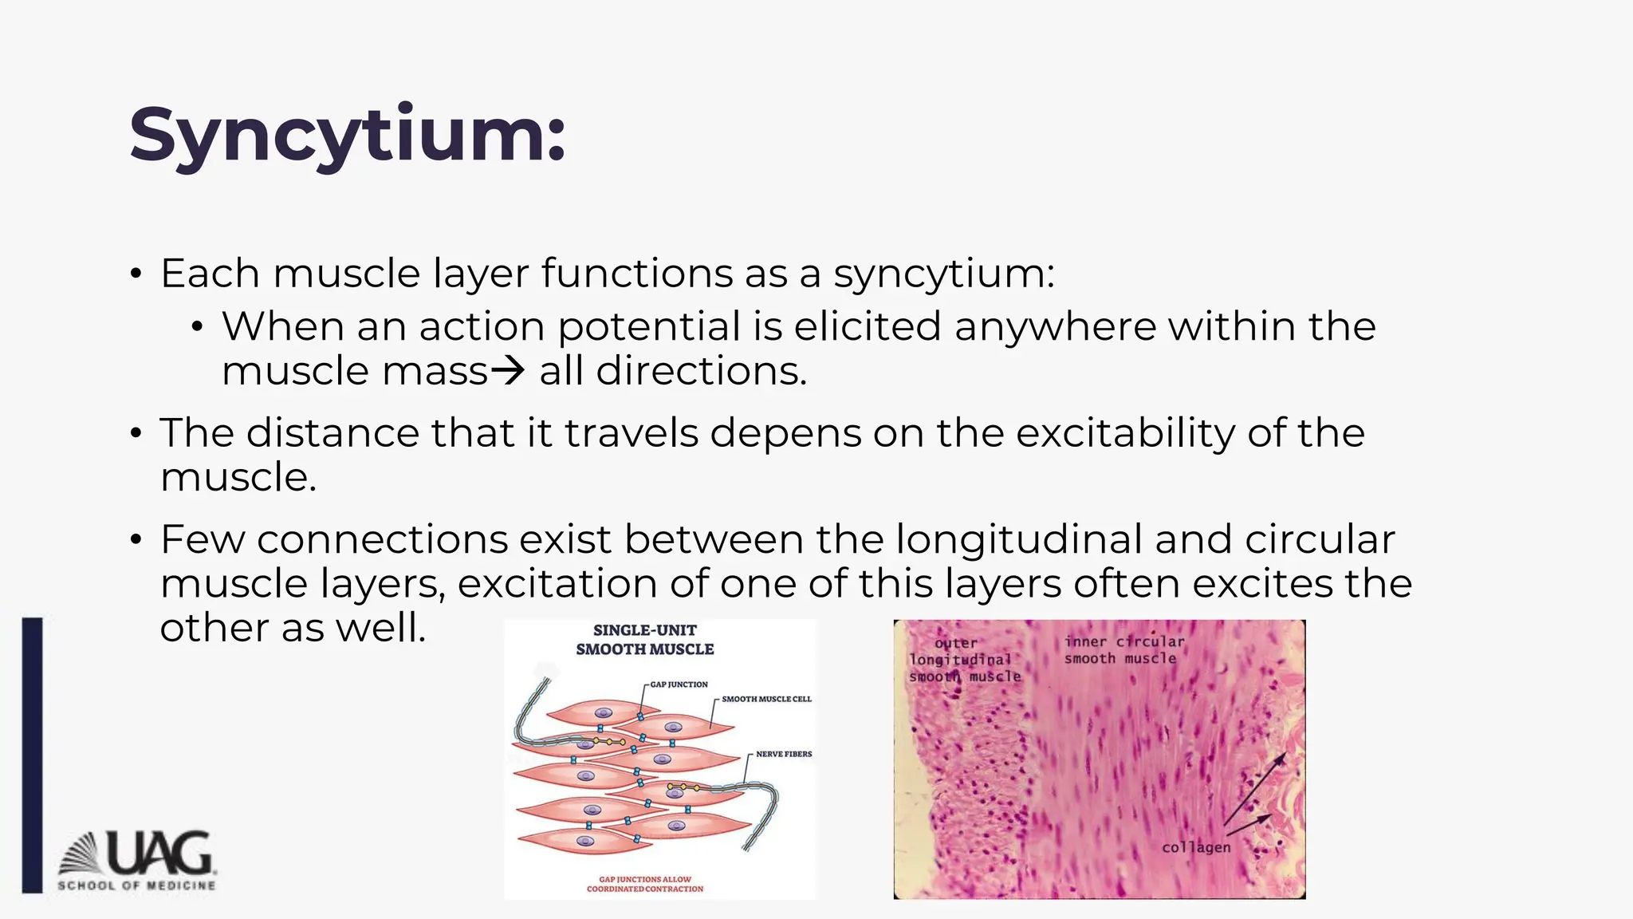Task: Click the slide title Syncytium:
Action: (348, 136)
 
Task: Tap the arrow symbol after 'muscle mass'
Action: (508, 371)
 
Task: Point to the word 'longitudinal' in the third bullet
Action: (1019, 539)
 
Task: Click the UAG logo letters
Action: (159, 853)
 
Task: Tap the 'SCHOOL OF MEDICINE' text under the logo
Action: (136, 885)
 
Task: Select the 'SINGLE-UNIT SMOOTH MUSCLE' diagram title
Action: (645, 640)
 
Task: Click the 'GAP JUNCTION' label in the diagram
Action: (679, 684)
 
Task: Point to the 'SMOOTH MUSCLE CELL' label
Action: (766, 699)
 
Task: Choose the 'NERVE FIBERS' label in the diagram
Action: (784, 754)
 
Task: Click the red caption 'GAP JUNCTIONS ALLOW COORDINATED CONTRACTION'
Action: (645, 884)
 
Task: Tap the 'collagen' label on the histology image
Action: (1196, 847)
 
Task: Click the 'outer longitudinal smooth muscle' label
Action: (963, 660)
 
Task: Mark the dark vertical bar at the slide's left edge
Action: (32, 755)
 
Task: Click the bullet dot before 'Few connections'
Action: (136, 540)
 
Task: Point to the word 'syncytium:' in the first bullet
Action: (944, 274)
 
